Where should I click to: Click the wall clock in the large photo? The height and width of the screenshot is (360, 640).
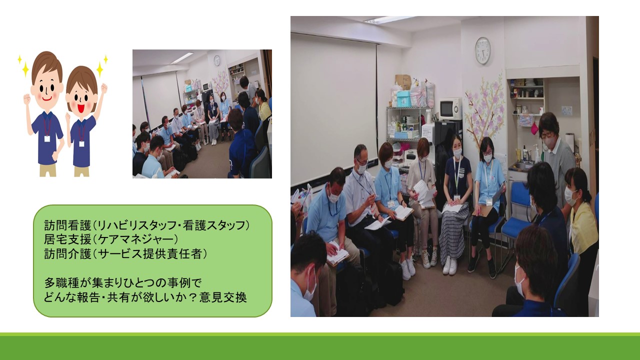click(x=482, y=50)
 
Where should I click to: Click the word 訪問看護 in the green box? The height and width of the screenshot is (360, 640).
click(x=67, y=225)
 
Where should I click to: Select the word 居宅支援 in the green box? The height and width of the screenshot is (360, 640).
click(x=67, y=239)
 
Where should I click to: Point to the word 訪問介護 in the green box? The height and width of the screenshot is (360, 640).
click(x=67, y=253)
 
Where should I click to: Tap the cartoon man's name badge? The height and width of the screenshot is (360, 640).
click(x=47, y=139)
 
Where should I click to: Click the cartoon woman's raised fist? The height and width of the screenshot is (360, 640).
click(x=104, y=88)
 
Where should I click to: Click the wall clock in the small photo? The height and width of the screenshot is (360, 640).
click(x=217, y=60)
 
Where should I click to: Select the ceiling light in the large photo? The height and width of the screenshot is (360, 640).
click(x=389, y=19)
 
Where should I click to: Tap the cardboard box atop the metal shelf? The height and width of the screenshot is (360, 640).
click(x=403, y=82)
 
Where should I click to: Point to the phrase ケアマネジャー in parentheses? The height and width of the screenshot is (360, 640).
click(x=137, y=239)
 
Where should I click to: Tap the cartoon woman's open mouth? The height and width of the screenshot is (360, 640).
click(x=81, y=109)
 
